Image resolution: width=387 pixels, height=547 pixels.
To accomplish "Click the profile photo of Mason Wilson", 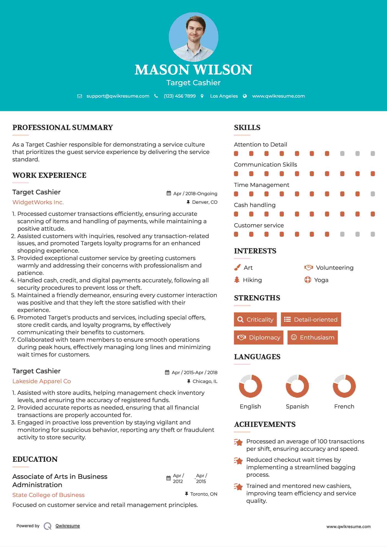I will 193,37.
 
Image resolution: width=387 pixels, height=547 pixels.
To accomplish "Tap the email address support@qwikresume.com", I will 118,96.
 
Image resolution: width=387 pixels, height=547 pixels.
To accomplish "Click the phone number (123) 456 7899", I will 180,96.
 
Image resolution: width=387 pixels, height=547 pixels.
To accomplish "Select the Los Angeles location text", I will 224,96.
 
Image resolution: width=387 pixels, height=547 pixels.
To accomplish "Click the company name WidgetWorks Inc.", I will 38,202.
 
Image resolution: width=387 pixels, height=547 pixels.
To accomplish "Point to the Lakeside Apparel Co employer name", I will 42,381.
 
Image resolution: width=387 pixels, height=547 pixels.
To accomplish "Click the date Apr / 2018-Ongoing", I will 195,194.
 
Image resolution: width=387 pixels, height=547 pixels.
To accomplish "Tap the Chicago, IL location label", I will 205,381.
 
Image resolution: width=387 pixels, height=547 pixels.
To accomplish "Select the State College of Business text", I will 48,495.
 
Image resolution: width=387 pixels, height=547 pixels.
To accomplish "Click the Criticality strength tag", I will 255,319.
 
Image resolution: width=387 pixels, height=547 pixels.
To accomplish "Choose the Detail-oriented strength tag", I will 311,319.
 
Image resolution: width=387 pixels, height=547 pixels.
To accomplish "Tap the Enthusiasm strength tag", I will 312,337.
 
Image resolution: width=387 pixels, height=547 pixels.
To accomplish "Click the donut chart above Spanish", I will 297,386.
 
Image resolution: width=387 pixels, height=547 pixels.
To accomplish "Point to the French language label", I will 344,407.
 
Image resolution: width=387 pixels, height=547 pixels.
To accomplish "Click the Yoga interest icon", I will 308,280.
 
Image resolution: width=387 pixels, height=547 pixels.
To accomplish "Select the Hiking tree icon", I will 237,280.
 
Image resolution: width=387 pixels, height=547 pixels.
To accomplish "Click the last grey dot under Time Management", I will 373,194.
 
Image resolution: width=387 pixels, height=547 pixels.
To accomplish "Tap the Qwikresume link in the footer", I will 68,526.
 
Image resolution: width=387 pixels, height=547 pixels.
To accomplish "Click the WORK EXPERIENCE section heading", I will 49,175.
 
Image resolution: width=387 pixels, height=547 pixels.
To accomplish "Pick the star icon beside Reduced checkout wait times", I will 238,461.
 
